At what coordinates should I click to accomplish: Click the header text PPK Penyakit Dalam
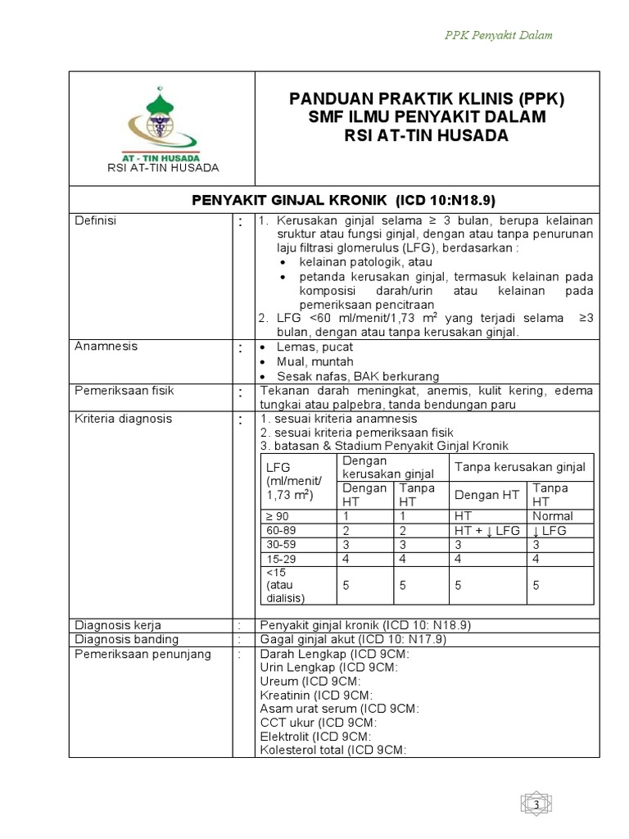click(499, 34)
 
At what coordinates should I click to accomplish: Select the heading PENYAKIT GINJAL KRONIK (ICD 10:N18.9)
click(344, 201)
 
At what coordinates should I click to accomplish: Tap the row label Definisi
click(95, 221)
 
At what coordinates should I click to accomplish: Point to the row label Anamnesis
click(106, 347)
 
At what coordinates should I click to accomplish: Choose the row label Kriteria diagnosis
click(123, 419)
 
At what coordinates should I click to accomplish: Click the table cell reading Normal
click(552, 516)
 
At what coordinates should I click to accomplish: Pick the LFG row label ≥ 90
click(277, 516)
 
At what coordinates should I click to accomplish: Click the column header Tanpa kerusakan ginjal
click(520, 467)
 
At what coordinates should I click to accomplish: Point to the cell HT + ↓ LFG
click(487, 531)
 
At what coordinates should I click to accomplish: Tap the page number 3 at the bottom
click(536, 806)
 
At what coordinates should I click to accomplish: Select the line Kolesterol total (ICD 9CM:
click(333, 750)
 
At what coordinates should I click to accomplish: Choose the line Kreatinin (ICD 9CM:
click(310, 695)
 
